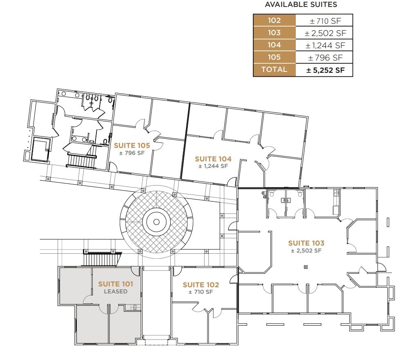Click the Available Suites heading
coord(301,5)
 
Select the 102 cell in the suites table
coord(274,20)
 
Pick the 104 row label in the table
coord(274,45)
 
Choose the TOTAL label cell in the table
coord(274,69)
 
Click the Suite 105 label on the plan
coord(132,145)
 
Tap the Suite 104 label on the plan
coord(213,159)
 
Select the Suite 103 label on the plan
coord(306,243)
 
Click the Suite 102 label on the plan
coord(201,285)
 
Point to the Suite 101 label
coord(116,284)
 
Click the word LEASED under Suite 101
coord(116,292)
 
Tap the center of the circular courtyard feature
coord(156,222)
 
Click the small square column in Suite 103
coord(305,267)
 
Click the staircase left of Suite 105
coord(81,161)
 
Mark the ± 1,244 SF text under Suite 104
coord(213,166)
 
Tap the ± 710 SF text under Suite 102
coord(201,292)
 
